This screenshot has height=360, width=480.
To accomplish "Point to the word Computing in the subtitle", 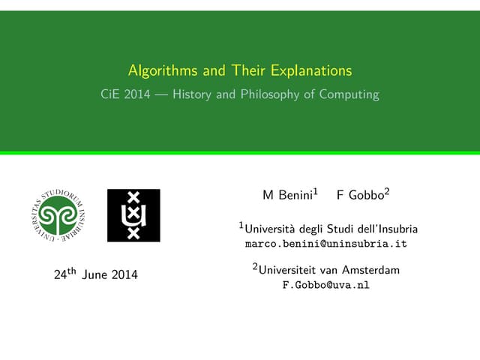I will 349,95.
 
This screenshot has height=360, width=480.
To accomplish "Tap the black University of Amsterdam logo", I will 133,215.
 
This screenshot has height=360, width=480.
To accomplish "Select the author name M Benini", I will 289,196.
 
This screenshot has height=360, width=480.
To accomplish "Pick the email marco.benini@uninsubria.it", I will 326,244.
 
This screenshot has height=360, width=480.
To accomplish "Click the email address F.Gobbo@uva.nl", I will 325,285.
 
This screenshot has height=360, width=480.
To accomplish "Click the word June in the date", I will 94,275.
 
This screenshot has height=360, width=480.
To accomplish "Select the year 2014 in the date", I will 124,275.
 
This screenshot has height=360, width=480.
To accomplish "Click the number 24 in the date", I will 61,275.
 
